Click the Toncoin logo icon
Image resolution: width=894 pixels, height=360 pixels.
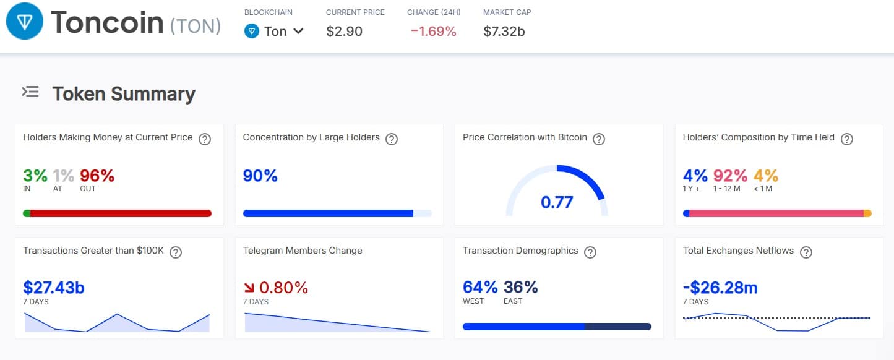point(25,22)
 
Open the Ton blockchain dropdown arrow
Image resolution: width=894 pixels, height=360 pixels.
point(298,31)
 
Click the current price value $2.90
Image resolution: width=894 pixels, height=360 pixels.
point(344,31)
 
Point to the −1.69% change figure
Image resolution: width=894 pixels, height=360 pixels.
point(433,31)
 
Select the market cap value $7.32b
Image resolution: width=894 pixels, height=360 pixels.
point(504,31)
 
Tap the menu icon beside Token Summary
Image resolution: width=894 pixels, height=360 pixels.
point(30,93)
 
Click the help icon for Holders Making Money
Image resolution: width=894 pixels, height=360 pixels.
point(205,139)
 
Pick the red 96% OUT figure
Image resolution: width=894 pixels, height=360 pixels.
point(97,176)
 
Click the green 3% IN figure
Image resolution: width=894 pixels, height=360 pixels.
point(35,176)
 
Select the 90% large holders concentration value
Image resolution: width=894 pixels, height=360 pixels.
point(260,176)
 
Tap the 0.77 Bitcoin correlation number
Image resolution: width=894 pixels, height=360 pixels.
point(557,202)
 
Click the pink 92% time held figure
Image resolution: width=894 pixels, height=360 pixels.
point(730,176)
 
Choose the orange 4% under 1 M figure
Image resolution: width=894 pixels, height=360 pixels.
point(765,176)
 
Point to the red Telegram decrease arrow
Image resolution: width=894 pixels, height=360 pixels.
point(249,288)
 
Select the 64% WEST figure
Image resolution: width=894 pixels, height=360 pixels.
point(480,288)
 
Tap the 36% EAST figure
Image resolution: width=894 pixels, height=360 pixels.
point(520,288)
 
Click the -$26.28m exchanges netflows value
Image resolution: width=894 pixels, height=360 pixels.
point(720,288)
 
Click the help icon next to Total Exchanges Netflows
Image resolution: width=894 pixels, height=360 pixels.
point(806,252)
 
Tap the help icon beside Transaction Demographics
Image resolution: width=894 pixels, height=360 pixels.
point(590,252)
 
